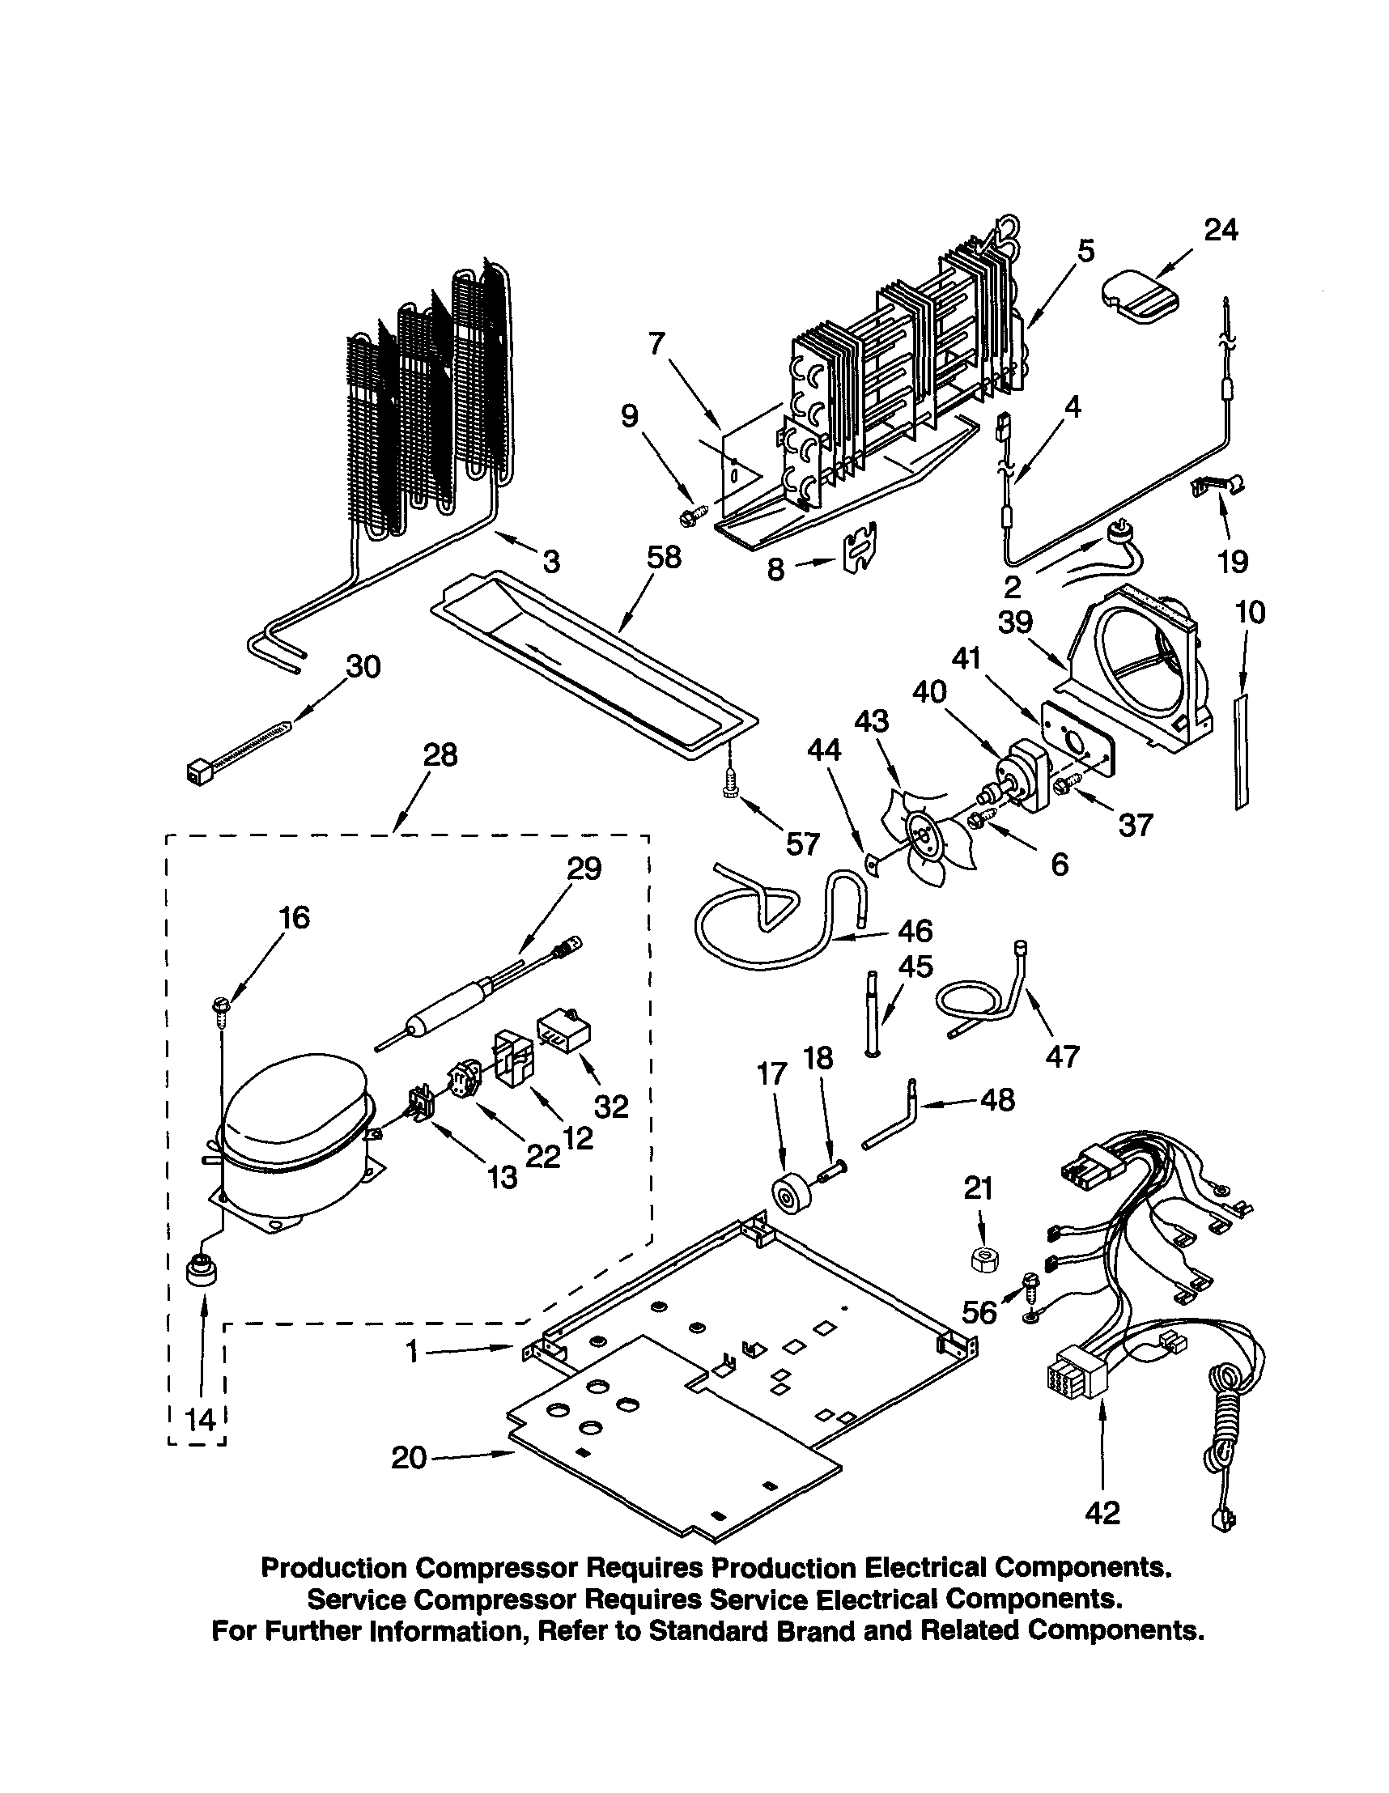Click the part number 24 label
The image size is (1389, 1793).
pyautogui.click(x=1220, y=231)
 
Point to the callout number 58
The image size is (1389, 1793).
pyautogui.click(x=663, y=558)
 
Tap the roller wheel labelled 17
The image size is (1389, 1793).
pyautogui.click(x=790, y=1199)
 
